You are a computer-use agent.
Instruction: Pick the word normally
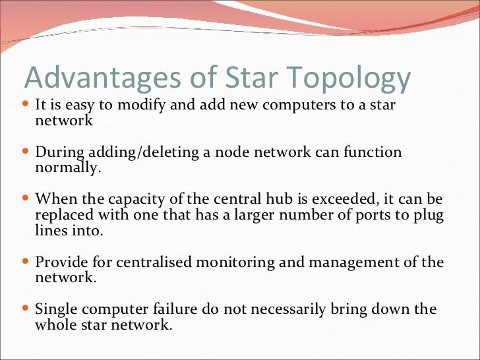[69, 167]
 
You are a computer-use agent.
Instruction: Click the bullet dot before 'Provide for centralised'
[26, 262]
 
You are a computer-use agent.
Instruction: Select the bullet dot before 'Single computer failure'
[26, 309]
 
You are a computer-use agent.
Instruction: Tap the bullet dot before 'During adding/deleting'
[26, 152]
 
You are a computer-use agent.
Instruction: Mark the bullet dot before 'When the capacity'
[26, 198]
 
